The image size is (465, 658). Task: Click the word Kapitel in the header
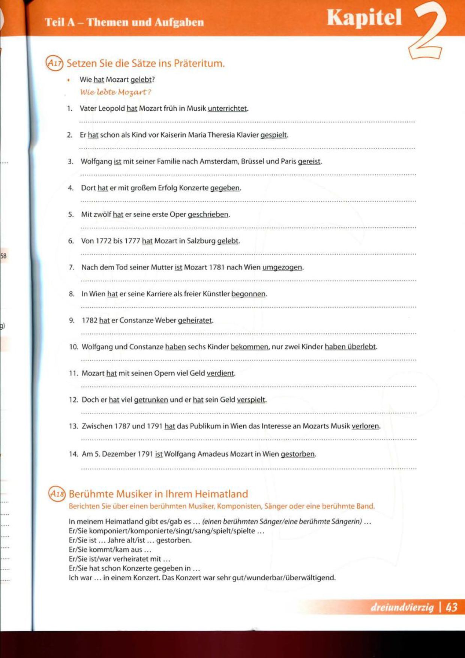[x=364, y=18]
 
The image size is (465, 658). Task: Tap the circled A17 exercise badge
[x=55, y=63]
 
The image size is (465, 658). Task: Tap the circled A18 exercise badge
[x=57, y=494]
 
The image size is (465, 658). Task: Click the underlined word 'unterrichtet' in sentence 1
[x=227, y=109]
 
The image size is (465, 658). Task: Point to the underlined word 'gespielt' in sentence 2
[x=274, y=135]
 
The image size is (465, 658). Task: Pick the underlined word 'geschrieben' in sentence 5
[x=208, y=215]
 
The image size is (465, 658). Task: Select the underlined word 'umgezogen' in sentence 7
[x=282, y=267]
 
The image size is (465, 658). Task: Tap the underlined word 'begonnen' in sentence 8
[x=248, y=294]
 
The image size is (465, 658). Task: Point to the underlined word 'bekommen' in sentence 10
[x=249, y=347]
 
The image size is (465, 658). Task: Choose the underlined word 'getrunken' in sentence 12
[x=151, y=400]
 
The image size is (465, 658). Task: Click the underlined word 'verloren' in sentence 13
[x=365, y=426]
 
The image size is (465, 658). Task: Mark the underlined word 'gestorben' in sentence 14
[x=298, y=454]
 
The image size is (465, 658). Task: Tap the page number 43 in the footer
[x=452, y=607]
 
